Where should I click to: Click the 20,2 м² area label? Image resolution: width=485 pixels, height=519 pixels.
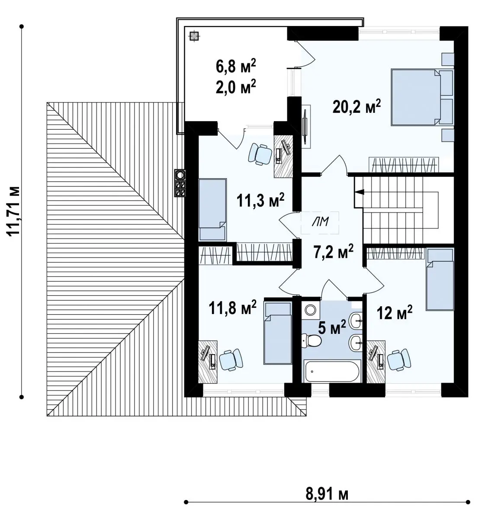pyautogui.click(x=357, y=106)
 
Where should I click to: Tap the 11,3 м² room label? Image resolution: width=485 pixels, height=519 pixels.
pyautogui.click(x=260, y=200)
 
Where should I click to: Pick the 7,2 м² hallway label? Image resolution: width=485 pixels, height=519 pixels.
pyautogui.click(x=333, y=251)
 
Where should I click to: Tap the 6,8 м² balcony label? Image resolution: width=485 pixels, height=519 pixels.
pyautogui.click(x=235, y=66)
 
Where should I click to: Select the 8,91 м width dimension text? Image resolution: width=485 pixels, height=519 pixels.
pyautogui.click(x=327, y=494)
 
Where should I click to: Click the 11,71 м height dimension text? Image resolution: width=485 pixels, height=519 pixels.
pyautogui.click(x=13, y=211)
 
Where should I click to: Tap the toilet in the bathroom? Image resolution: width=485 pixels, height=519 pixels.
pyautogui.click(x=312, y=340)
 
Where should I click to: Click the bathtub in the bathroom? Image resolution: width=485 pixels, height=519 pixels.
pyautogui.click(x=332, y=371)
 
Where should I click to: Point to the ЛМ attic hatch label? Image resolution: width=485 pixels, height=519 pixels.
pyautogui.click(x=320, y=222)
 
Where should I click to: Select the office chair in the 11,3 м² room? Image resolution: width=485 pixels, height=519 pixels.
pyautogui.click(x=260, y=154)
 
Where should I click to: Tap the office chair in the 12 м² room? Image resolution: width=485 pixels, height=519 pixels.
pyautogui.click(x=399, y=360)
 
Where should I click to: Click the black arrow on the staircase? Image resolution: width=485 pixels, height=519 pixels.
pyautogui.click(x=360, y=192)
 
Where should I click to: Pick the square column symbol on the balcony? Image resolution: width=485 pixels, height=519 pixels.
pyautogui.click(x=194, y=36)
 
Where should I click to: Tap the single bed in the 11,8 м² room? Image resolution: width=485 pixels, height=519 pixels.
pyautogui.click(x=278, y=333)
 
